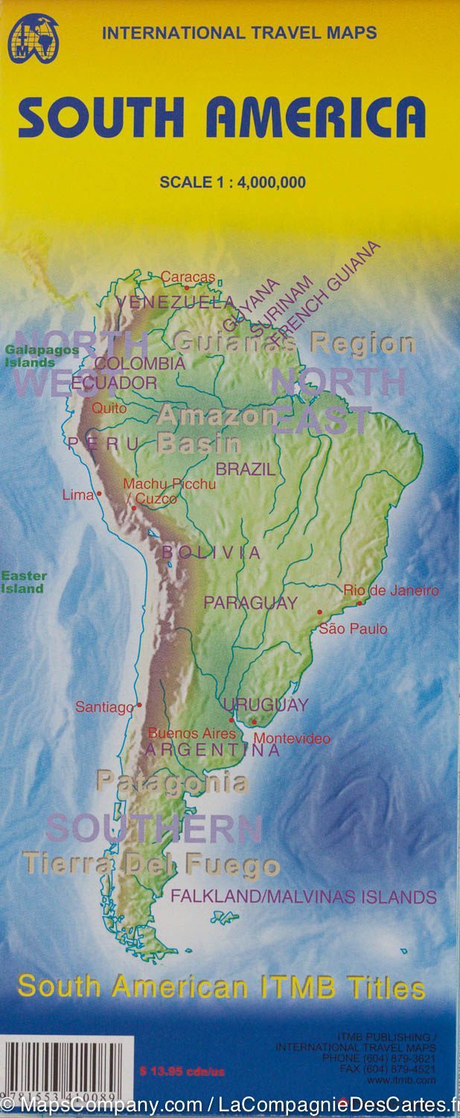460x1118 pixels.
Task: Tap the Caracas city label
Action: point(188,277)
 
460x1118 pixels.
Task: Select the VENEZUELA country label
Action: point(176,303)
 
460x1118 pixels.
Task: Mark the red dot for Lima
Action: point(98,493)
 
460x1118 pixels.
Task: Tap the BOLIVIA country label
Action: point(211,552)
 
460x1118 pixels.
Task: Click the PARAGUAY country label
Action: point(251,603)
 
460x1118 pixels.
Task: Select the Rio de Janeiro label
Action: point(391,590)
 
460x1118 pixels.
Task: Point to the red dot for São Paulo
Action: point(320,612)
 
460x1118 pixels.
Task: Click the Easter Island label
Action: point(23,582)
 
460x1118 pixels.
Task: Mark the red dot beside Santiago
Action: point(139,704)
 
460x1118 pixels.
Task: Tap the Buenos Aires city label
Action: point(192,733)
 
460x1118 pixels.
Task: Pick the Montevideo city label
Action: point(293,739)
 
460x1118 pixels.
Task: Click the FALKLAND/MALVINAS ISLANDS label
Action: point(304,896)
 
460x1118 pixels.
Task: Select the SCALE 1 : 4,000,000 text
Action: point(232,182)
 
